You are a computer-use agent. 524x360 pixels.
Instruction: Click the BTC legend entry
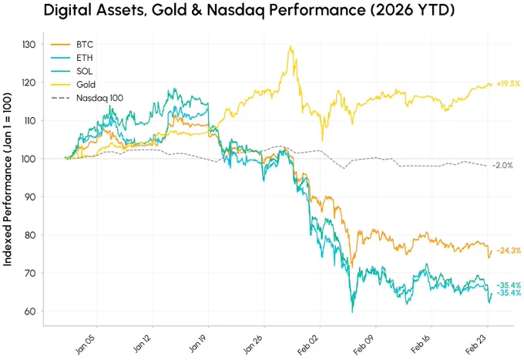pos(72,45)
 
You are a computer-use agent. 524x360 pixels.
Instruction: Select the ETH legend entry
pos(72,58)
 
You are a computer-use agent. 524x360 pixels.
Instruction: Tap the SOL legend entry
pos(72,71)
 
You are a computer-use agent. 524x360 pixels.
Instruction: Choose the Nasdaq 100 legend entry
pos(87,98)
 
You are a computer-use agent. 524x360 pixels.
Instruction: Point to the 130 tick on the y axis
pos(29,45)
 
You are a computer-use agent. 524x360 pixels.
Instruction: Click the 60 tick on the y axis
pos(29,311)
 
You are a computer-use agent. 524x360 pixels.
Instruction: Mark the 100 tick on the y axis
pos(29,159)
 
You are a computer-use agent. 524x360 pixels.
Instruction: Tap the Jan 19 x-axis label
pos(199,343)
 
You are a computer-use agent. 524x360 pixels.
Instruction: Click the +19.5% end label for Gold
pos(509,83)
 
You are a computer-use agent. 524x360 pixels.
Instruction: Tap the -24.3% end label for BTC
pos(509,251)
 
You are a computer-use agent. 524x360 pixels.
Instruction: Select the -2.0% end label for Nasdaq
pos(502,165)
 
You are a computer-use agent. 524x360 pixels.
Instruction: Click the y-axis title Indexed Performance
pos(8,180)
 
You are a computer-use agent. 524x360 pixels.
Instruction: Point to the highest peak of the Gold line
pos(291,46)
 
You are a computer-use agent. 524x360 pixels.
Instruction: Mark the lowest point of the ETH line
pos(352,312)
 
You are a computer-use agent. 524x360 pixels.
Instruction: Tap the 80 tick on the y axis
pos(29,235)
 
